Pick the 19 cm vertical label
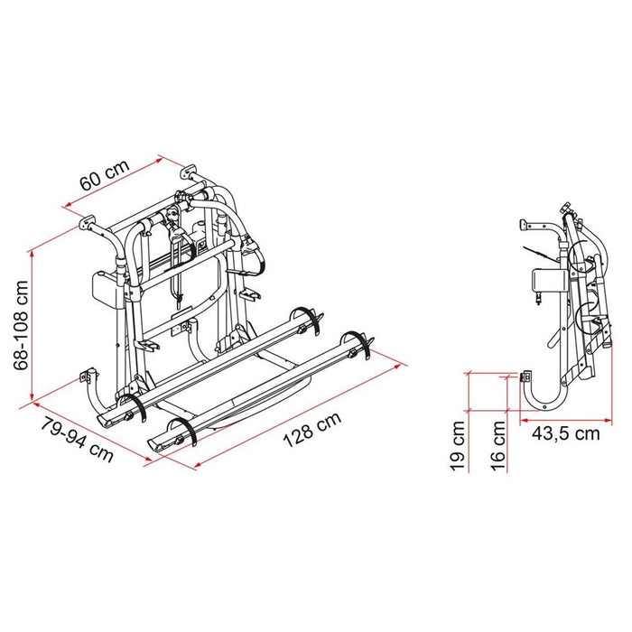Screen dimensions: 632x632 [458, 445]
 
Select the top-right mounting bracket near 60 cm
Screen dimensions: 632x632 [188, 171]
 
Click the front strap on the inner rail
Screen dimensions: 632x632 [134, 406]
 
